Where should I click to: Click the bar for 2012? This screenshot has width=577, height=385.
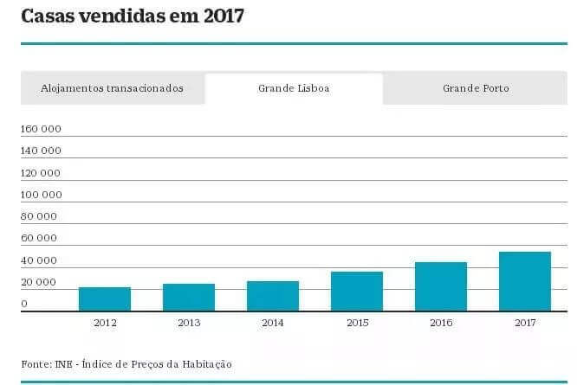click(x=105, y=298)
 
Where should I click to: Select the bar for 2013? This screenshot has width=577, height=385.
click(x=189, y=297)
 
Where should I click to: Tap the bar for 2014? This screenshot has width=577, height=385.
click(x=273, y=296)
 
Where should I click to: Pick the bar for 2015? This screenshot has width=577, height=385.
click(x=357, y=291)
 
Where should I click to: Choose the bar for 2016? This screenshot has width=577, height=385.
click(x=441, y=286)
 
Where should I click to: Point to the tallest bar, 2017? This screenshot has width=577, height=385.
click(x=525, y=281)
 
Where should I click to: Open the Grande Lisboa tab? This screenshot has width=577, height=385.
click(x=294, y=88)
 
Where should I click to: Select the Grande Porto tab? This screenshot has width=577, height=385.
click(x=476, y=88)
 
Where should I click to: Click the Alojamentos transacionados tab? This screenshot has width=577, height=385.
click(x=113, y=88)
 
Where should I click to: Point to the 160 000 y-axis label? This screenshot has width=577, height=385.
click(x=41, y=130)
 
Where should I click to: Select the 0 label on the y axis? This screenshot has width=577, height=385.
click(x=24, y=304)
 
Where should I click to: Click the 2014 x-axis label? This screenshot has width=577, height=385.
click(x=273, y=323)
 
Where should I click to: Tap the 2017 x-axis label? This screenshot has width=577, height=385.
click(x=525, y=323)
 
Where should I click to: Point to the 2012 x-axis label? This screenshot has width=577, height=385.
click(x=105, y=323)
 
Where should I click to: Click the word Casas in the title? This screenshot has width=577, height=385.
click(x=48, y=16)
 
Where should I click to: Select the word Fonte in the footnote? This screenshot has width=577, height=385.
click(x=36, y=364)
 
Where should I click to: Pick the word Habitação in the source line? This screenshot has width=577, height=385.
click(x=205, y=364)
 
